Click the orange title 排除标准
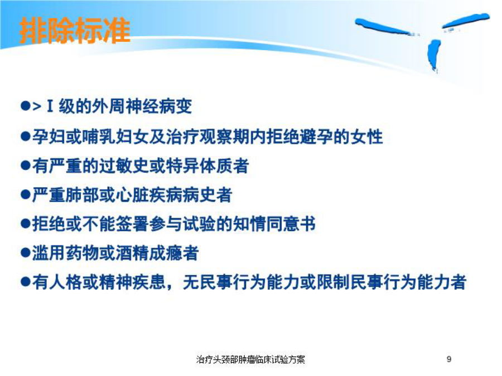tap(75, 31)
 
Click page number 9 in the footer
tap(449, 359)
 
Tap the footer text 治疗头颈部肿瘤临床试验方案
tap(250, 359)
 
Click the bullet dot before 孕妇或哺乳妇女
tap(25, 136)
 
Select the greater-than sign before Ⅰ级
tap(37, 107)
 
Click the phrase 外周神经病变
tap(142, 106)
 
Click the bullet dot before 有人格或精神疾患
tap(25, 282)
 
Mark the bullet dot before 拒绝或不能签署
tap(25, 224)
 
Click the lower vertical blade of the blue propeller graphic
tap(434, 55)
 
